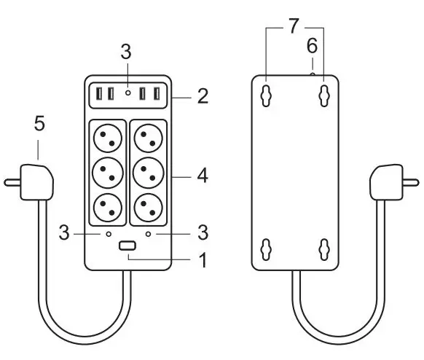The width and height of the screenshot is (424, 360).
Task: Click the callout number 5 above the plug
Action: point(39,124)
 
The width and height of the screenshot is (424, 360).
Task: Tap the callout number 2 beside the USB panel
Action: point(203,96)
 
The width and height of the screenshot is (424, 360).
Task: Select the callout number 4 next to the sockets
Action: point(203,176)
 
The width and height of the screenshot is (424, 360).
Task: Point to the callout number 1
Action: point(203,260)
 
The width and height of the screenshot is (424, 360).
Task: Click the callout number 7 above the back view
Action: point(294,26)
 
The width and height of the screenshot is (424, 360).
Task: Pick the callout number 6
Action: point(312,46)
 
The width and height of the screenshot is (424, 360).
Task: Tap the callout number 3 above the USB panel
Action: point(126,52)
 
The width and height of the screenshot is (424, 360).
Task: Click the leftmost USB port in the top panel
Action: point(99,93)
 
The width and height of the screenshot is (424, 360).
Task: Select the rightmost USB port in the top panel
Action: point(157,93)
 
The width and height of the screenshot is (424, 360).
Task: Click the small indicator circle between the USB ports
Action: point(128,93)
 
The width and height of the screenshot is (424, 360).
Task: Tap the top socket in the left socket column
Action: point(108,138)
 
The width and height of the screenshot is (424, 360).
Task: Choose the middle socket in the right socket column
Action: point(149,173)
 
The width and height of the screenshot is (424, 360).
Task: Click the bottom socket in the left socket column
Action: point(108,208)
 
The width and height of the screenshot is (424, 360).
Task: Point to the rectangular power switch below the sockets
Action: point(127,246)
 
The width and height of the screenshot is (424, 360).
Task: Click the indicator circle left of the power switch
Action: point(109,234)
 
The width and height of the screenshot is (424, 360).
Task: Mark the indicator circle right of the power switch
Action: point(148,234)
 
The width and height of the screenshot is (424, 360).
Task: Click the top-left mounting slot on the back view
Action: point(266,95)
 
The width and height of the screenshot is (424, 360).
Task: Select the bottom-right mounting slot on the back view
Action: point(324,249)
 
